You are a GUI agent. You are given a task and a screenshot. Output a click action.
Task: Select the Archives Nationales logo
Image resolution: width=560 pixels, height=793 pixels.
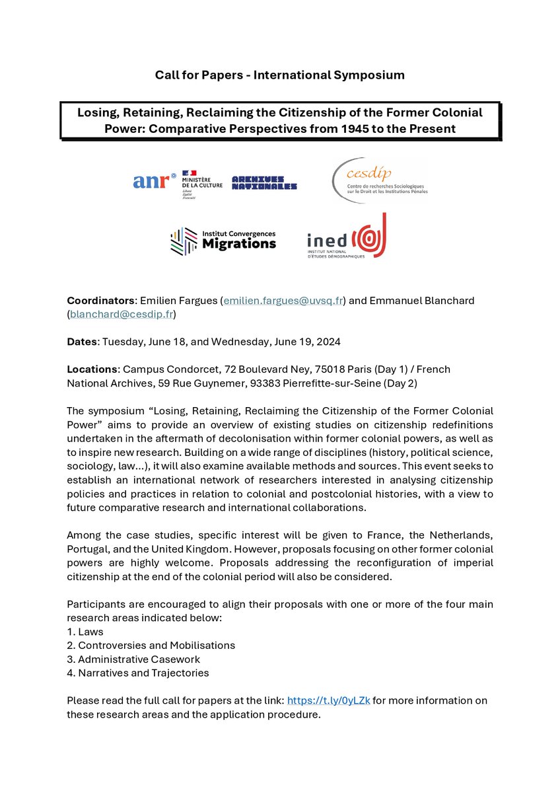coord(264,183)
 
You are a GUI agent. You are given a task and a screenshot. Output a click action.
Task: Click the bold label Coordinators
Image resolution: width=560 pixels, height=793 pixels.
coord(98,301)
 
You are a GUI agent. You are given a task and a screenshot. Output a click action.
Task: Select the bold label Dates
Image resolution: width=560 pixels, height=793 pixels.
coord(82,342)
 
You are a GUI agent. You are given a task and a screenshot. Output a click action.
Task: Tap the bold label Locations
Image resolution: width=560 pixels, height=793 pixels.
coord(91,369)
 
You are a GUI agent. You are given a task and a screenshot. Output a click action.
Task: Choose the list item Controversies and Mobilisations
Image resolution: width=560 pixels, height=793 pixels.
coord(156,645)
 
